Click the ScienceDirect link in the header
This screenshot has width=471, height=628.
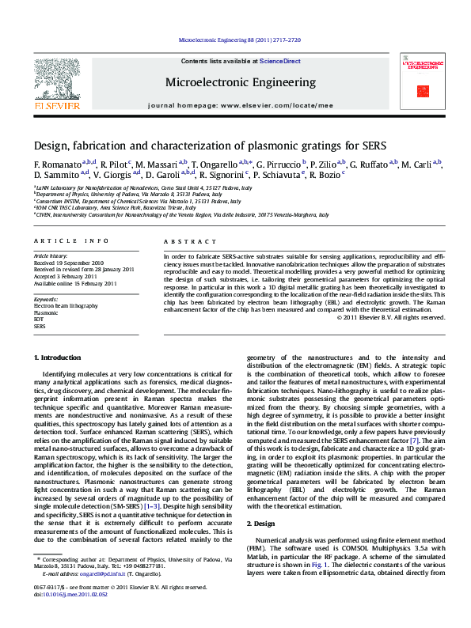click(280, 61)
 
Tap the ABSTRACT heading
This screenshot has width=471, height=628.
click(184, 240)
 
